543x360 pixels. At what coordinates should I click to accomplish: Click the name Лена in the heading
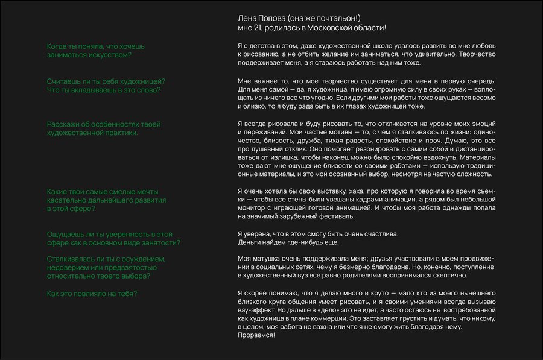[x=247, y=18]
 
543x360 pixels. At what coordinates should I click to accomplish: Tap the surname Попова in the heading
[x=271, y=18]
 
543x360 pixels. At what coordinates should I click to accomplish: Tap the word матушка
[x=267, y=258]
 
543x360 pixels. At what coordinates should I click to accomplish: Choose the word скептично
[x=447, y=276]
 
